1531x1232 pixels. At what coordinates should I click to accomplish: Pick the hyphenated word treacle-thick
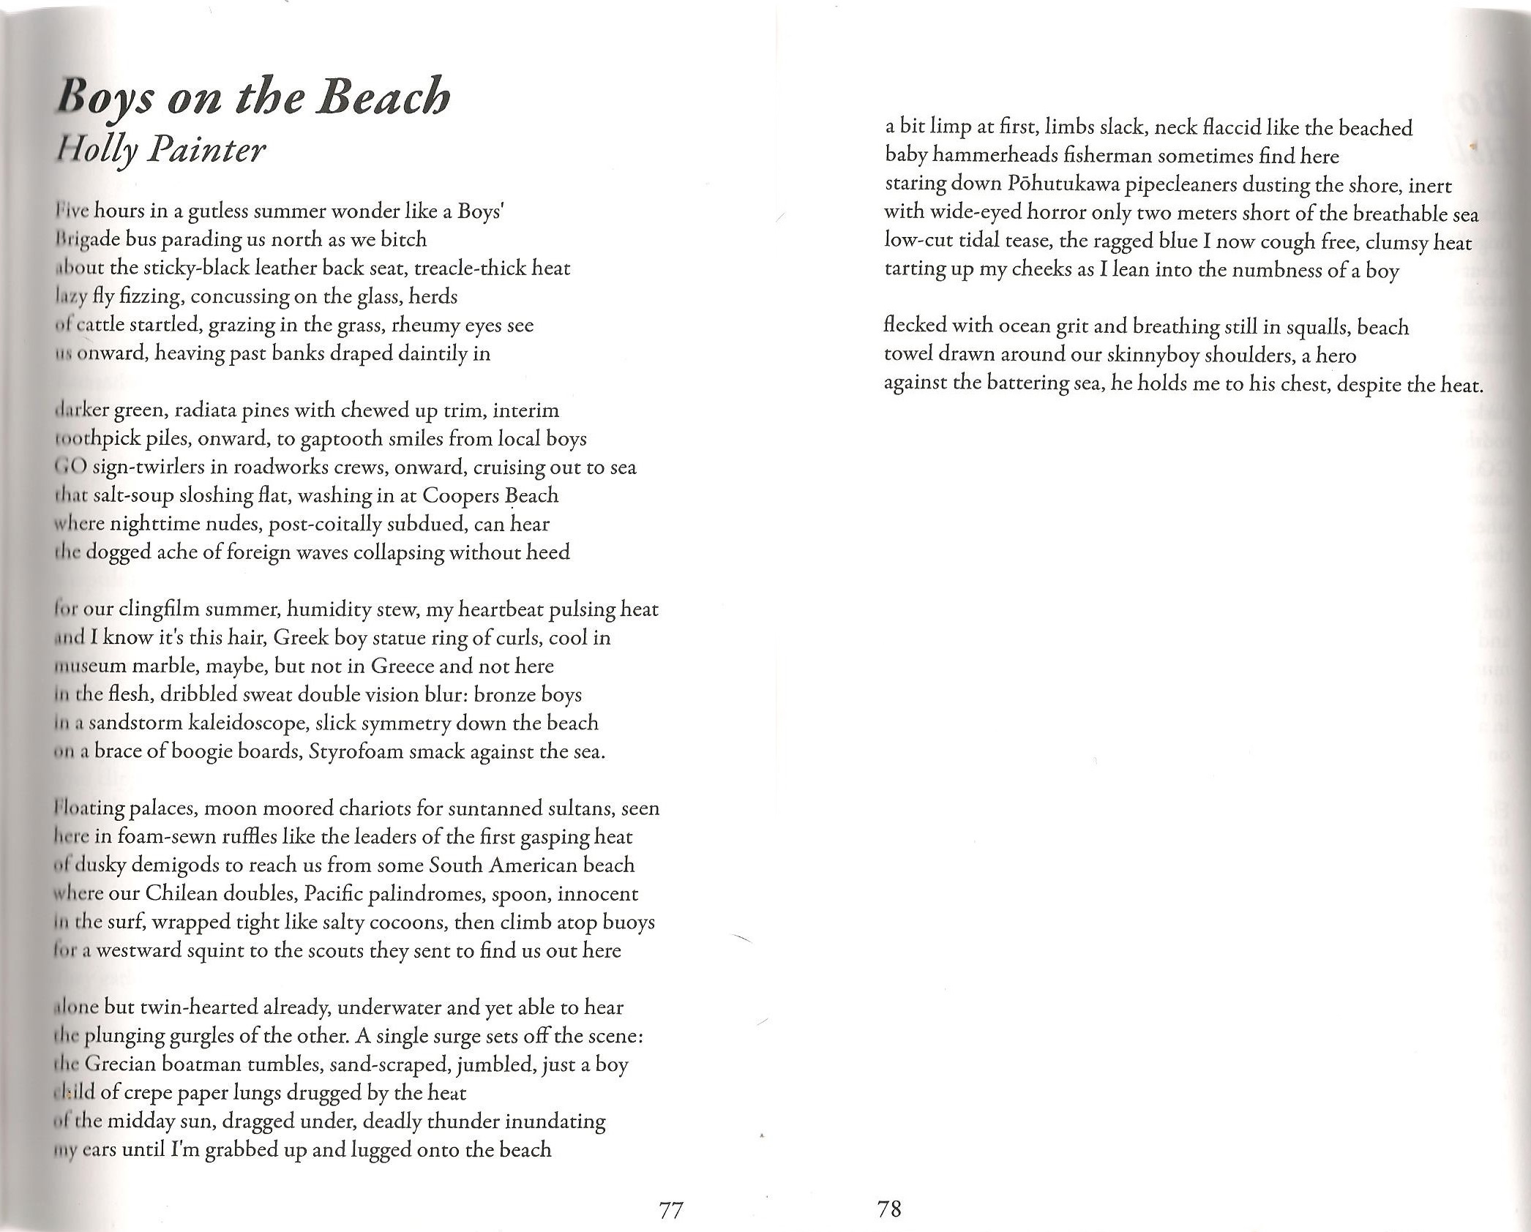coord(463,268)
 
